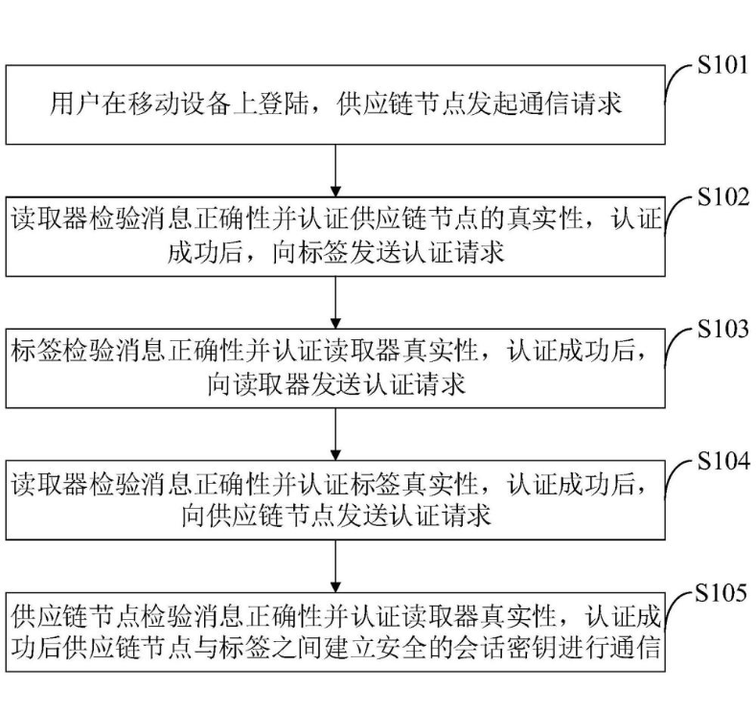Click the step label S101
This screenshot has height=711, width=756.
click(720, 69)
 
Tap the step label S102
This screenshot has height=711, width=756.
click(720, 198)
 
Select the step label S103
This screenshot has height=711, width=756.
click(720, 330)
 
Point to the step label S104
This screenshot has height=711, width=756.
click(720, 461)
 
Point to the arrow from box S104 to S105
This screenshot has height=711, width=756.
click(335, 562)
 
